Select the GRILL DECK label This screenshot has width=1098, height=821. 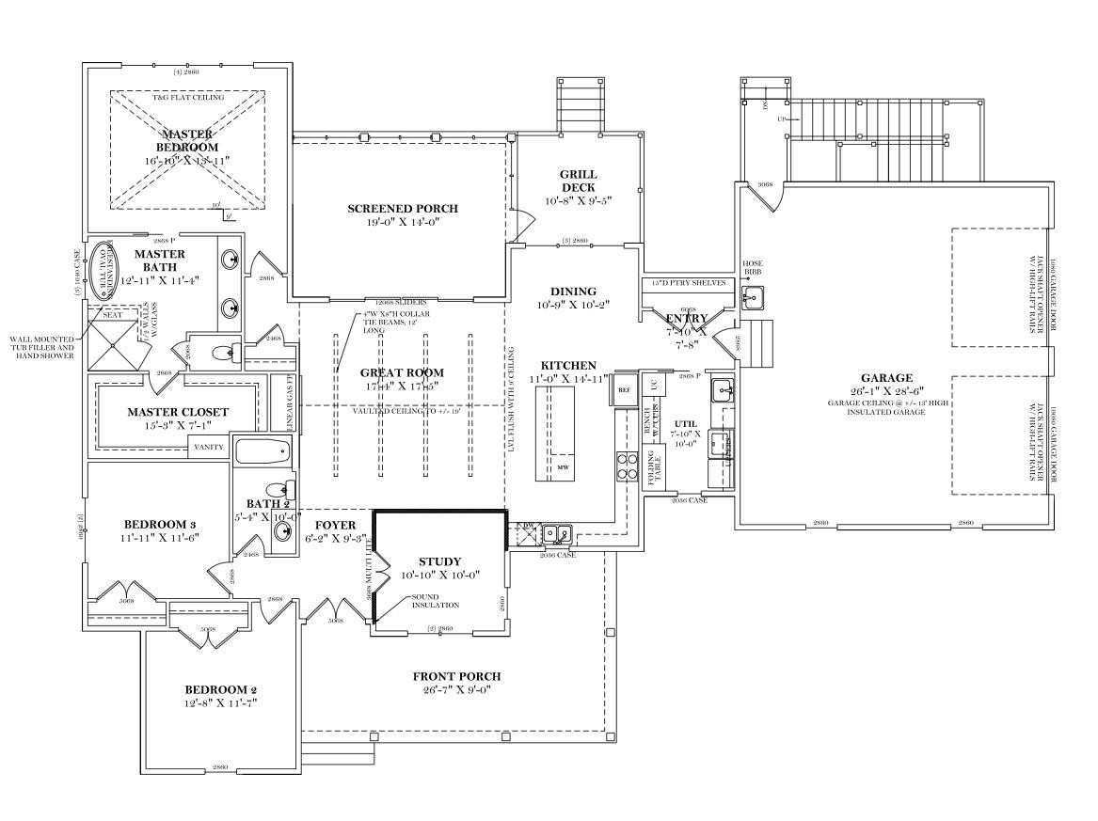578,181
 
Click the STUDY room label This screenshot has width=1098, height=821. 440,561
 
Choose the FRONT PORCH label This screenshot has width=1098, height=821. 456,676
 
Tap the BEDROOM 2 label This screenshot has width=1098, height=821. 221,689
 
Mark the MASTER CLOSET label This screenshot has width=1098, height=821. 178,412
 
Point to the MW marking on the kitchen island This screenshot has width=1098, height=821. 563,467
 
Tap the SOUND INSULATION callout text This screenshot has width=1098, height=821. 434,601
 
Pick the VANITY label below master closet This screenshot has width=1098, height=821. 209,447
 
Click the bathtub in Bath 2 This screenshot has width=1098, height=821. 263,451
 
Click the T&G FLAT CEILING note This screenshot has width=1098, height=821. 184,98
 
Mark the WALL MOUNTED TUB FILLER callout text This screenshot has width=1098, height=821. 43,347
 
